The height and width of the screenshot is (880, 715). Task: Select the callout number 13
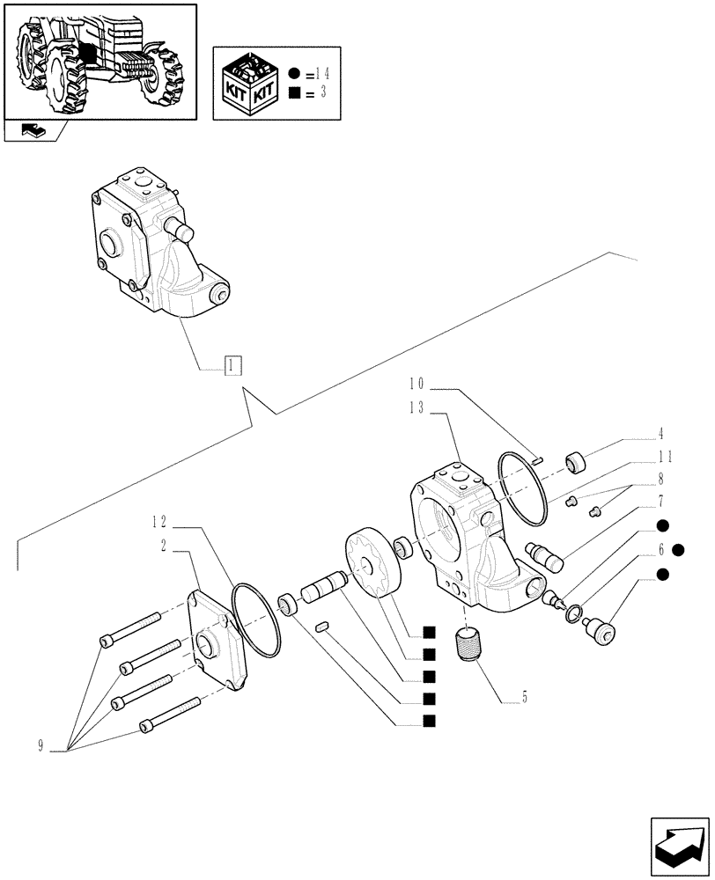click(x=416, y=407)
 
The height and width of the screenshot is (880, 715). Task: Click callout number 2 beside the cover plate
click(x=165, y=546)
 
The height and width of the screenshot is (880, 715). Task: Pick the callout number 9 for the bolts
click(x=41, y=748)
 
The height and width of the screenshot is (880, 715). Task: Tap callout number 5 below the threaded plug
click(x=524, y=700)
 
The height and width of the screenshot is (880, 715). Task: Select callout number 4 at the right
click(x=660, y=433)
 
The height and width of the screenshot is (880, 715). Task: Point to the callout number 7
click(x=660, y=502)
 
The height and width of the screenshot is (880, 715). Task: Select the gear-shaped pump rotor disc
click(x=375, y=563)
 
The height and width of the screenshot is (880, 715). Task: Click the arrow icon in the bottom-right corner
click(x=678, y=846)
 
